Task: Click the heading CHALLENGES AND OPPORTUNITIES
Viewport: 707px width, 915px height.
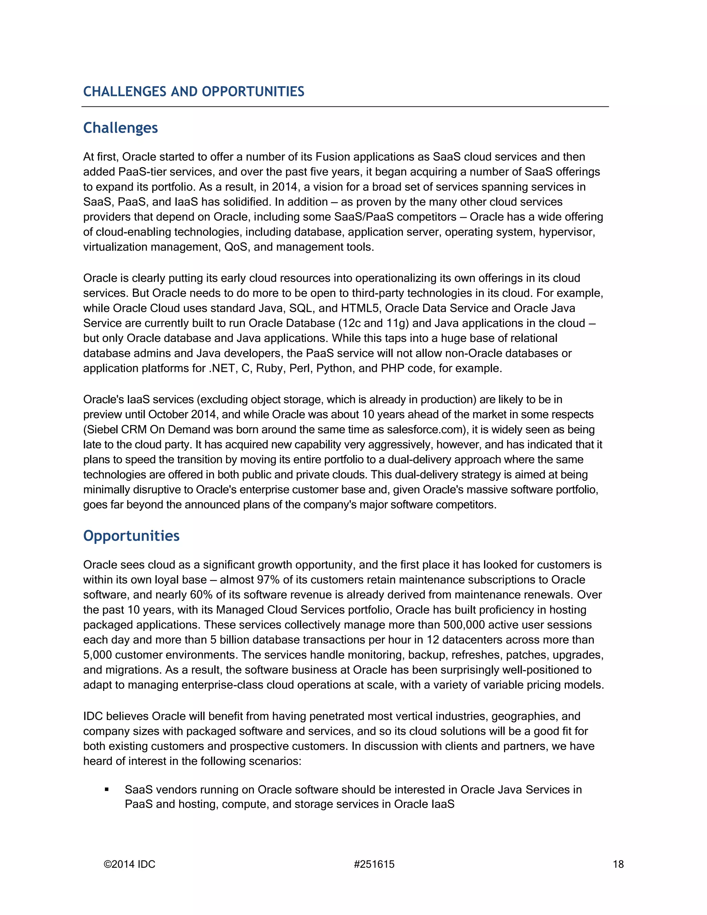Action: pyautogui.click(x=194, y=91)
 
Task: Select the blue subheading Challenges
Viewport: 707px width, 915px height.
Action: pyautogui.click(x=120, y=128)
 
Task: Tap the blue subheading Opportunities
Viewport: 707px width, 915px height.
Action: pyautogui.click(x=131, y=536)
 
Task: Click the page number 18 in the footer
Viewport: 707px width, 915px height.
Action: pyautogui.click(x=618, y=864)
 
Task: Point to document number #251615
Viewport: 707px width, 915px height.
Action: pyautogui.click(x=374, y=864)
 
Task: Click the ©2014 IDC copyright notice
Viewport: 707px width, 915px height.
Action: pyautogui.click(x=129, y=864)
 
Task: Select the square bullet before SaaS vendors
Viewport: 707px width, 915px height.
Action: pyautogui.click(x=107, y=790)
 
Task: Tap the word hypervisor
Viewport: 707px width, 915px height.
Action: pyautogui.click(x=566, y=232)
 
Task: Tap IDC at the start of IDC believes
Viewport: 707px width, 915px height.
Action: pyautogui.click(x=93, y=716)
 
